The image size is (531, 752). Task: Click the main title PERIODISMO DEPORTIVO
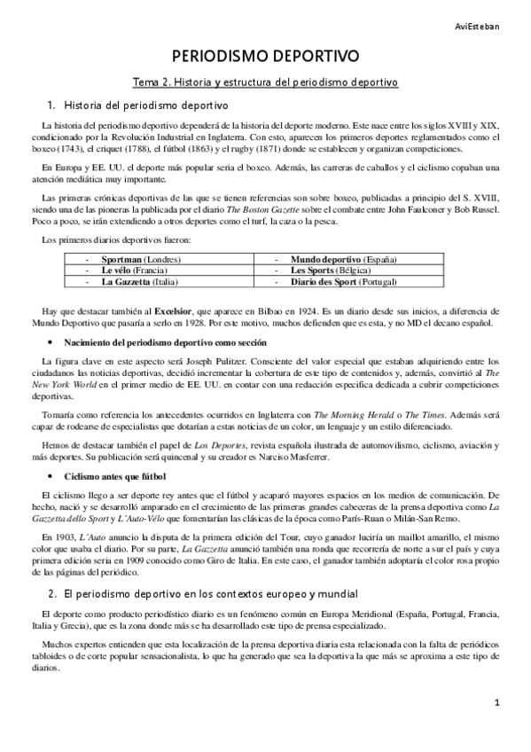[265, 57]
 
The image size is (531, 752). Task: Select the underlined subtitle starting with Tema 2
[265, 82]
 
